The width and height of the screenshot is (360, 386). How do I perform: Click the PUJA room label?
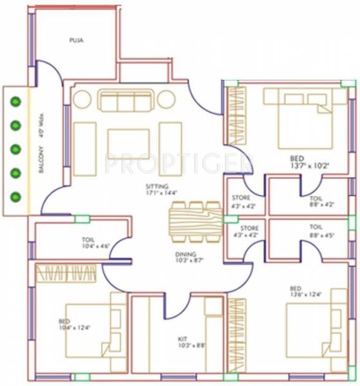tap(77, 40)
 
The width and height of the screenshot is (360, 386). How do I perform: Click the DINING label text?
tap(185, 254)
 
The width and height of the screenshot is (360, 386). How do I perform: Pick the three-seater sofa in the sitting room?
tap(127, 100)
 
